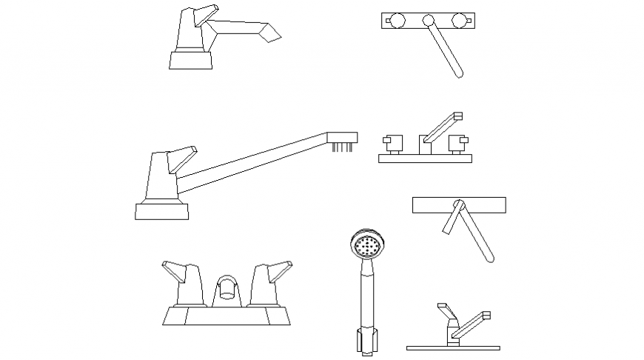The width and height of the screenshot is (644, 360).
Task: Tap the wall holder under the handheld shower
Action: pos(366,340)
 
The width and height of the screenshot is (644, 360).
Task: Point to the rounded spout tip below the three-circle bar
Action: pos(459,73)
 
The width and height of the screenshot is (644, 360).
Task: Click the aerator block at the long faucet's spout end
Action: pos(343,138)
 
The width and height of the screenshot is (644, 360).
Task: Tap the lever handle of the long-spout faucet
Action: pos(181,159)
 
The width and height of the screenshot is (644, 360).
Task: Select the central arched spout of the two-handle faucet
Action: pos(228,288)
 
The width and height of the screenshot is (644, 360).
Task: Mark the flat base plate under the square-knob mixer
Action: pos(426,158)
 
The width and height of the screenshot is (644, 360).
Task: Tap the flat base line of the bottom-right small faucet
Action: pos(453,347)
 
